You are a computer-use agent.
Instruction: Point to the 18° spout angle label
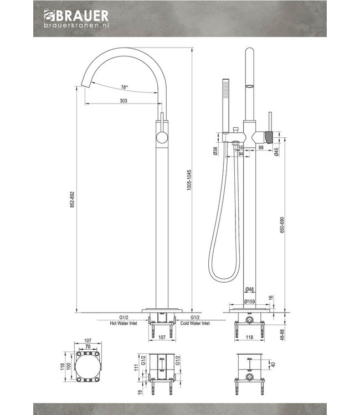(124, 87)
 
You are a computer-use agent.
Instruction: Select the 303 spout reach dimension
(124, 101)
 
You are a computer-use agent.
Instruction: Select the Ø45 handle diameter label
(276, 154)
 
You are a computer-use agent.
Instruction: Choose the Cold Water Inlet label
(197, 323)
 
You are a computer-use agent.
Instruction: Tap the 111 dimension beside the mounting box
(135, 369)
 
